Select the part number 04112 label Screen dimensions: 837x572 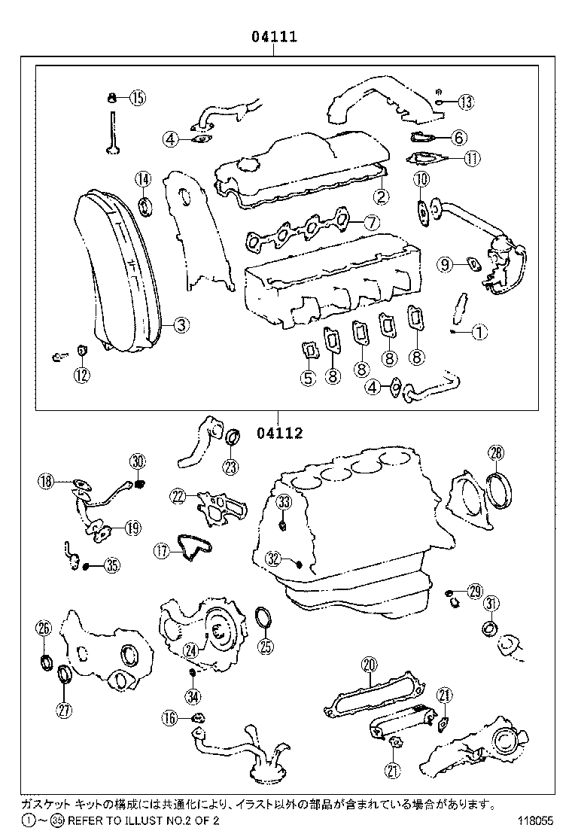(279, 433)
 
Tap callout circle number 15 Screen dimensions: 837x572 (137, 97)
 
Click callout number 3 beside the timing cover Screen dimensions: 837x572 (180, 325)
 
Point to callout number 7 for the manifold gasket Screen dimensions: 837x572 (370, 222)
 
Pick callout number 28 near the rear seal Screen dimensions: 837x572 (496, 452)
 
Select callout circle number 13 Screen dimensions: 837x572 (465, 102)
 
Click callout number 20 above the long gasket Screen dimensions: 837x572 (368, 665)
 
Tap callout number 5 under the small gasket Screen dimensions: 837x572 (308, 378)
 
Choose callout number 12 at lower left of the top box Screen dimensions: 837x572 (81, 374)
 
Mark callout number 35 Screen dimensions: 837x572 (111, 566)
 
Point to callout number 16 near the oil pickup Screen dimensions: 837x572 (170, 719)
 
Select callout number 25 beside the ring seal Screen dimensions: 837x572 (265, 645)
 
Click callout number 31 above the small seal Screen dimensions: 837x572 (491, 604)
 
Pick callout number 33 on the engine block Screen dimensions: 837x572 (283, 502)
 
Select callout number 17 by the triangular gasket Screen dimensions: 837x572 (162, 551)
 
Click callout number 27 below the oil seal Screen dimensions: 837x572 (63, 708)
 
